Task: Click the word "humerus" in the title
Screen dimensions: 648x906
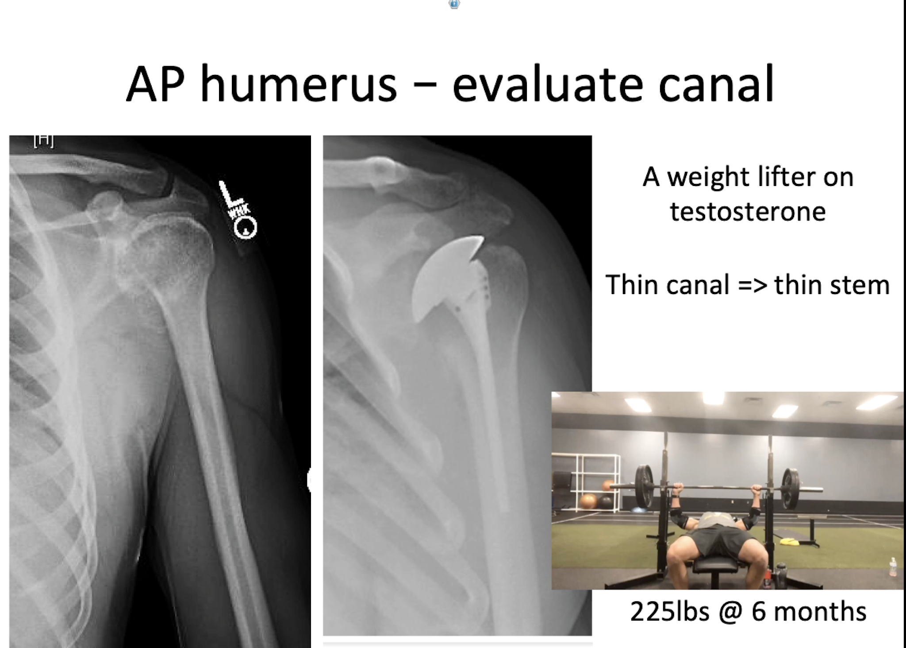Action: pyautogui.click(x=299, y=84)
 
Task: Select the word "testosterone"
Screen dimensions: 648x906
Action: pyautogui.click(x=748, y=211)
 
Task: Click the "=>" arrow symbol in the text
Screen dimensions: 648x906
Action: pyautogui.click(x=752, y=285)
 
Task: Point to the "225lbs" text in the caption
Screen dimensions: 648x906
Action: pyautogui.click(x=669, y=612)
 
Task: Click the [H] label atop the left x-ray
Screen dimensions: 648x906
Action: pyautogui.click(x=44, y=140)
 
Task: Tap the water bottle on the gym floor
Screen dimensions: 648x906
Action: pyautogui.click(x=893, y=567)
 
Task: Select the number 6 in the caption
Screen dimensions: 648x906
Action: pyautogui.click(x=758, y=612)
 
